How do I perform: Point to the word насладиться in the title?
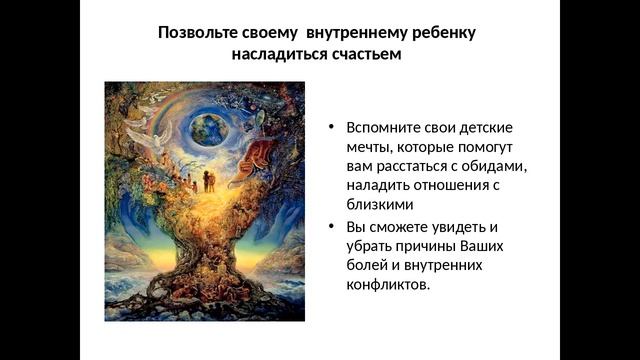pyautogui.click(x=274, y=54)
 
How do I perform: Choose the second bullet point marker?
pyautogui.click(x=331, y=225)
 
